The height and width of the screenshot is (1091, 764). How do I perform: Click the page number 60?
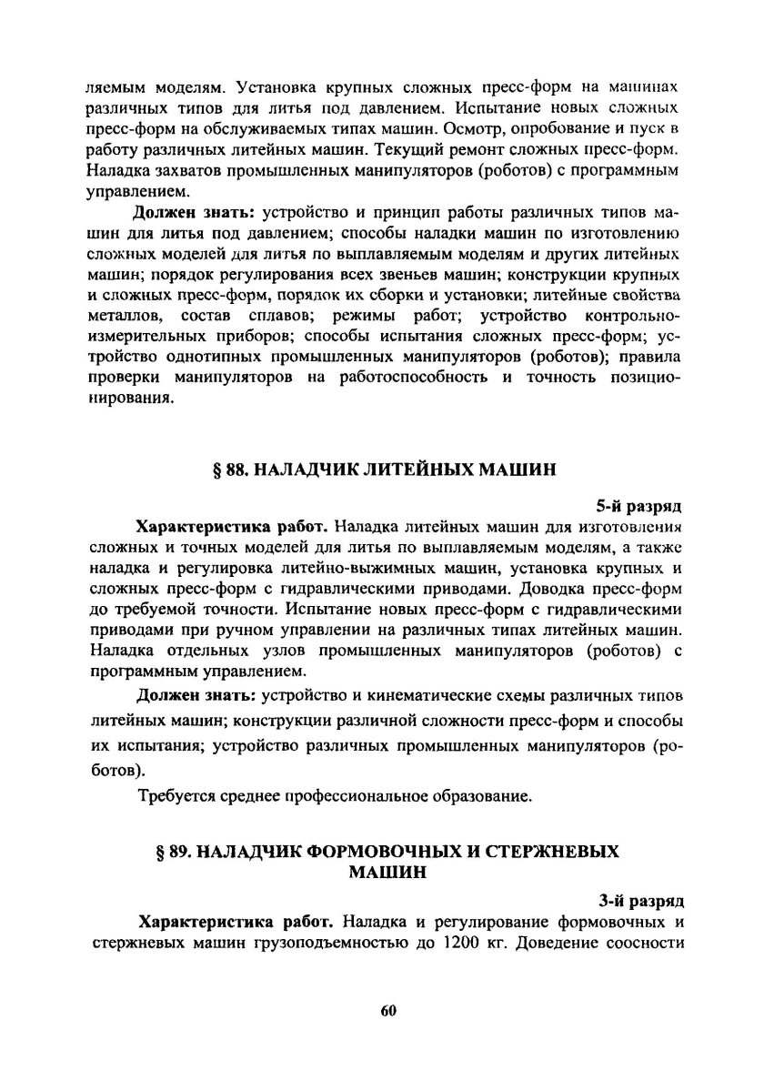(x=382, y=1010)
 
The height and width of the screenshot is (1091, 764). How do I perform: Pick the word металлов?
(x=126, y=315)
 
